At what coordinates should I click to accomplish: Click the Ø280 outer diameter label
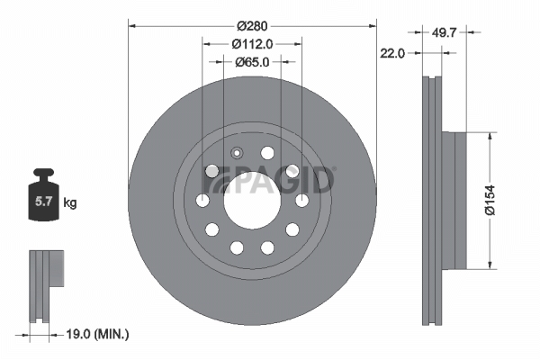252,27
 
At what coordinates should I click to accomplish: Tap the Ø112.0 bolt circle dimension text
252,43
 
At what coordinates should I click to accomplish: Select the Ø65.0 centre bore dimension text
252,62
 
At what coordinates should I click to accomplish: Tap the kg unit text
70,203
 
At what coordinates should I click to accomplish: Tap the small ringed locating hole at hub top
238,152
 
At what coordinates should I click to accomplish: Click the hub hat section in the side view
456,200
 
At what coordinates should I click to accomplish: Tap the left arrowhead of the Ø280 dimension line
133,27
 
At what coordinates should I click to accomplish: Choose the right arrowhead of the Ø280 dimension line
371,27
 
